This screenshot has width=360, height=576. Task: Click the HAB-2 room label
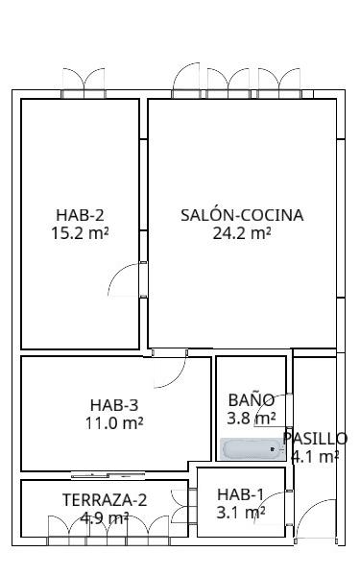(80, 215)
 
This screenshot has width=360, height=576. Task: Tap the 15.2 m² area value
(80, 233)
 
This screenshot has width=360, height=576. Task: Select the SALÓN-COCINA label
(242, 215)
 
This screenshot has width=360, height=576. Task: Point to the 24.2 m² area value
(242, 233)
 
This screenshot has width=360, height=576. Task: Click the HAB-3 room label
(114, 405)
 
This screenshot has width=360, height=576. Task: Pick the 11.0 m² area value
(114, 422)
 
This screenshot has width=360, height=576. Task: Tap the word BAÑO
(252, 399)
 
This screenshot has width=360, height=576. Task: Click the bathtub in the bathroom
(252, 449)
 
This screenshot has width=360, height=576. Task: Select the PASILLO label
(315, 439)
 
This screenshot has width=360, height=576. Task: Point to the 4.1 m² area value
(315, 457)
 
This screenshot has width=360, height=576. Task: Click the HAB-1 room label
(241, 494)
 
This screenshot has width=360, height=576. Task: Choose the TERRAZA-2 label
(105, 500)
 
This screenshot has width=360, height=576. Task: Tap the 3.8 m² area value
(252, 418)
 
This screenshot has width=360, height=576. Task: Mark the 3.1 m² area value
(241, 513)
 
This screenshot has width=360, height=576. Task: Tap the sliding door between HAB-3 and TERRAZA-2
(108, 476)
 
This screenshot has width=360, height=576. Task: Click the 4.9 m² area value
(105, 518)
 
